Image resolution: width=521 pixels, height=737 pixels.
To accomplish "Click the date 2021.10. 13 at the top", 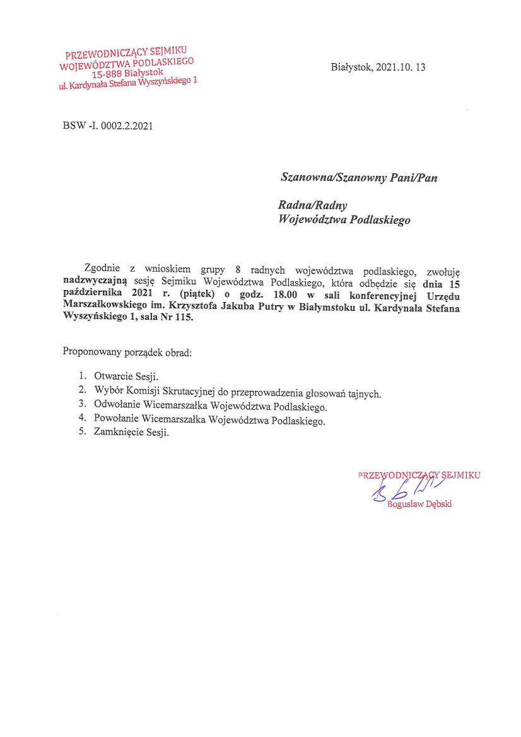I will tap(401, 67).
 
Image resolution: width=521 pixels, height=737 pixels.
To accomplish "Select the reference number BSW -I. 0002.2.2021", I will tap(108, 125).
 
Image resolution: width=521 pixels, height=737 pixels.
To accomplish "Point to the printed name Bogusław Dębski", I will tap(419, 504).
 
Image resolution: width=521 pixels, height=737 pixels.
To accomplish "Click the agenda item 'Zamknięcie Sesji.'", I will tap(132, 433).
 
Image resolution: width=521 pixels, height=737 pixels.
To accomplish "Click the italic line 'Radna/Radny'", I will tap(313, 206).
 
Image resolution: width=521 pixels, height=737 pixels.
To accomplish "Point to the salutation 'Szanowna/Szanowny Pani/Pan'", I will tap(359, 178).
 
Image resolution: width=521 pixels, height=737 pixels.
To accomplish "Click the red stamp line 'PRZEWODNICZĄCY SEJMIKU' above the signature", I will tap(419, 475).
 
